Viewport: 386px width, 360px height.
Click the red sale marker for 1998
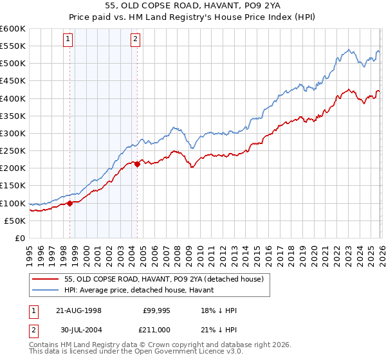coord(69,203)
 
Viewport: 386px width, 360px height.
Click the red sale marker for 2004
coord(137,165)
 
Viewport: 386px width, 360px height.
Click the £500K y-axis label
coord(13,63)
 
